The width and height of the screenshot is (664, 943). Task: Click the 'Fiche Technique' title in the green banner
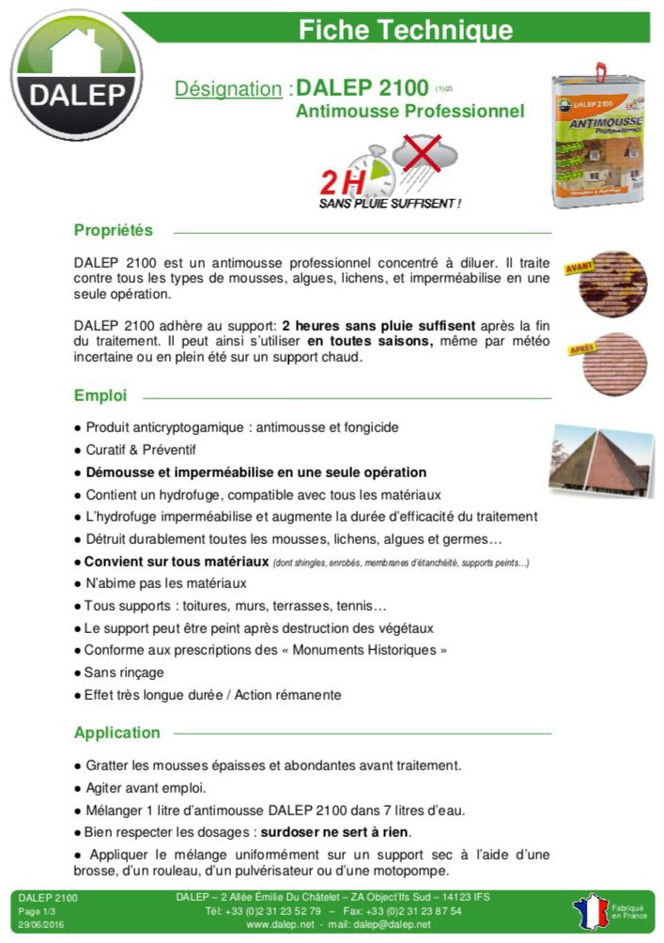[x=405, y=29]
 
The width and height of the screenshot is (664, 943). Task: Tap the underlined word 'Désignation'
[x=228, y=89]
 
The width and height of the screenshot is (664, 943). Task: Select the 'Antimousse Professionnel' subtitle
[x=409, y=112]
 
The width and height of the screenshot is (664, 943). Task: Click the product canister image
[x=598, y=136]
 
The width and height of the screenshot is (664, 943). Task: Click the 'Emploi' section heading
[x=100, y=395]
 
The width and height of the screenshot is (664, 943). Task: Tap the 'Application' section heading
[x=117, y=733]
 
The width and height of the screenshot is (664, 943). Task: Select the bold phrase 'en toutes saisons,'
[x=370, y=342]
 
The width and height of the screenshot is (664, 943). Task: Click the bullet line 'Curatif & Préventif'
[x=141, y=450]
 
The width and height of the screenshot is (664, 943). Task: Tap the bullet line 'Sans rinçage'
[x=124, y=672]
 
